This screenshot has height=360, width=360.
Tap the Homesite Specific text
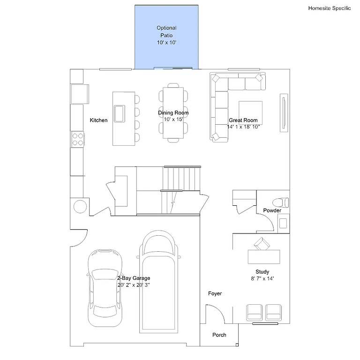[329, 8]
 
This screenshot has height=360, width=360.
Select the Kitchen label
[98, 120]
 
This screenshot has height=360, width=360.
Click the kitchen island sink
[119, 113]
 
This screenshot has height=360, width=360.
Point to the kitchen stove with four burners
[77, 139]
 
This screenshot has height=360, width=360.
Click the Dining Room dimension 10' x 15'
[173, 120]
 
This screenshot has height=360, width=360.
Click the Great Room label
[243, 120]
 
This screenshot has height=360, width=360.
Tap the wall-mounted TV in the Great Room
[283, 112]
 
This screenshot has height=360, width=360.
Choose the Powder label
[272, 211]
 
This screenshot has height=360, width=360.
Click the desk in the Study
[264, 256]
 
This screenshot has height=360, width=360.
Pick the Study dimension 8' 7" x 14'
[262, 278]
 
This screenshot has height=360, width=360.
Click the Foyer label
[215, 293]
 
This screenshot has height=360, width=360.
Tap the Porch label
[219, 335]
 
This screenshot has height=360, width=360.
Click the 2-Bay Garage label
[134, 278]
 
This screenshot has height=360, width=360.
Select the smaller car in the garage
[105, 291]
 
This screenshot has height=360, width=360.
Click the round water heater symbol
[80, 206]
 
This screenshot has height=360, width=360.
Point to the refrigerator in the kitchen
[79, 94]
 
